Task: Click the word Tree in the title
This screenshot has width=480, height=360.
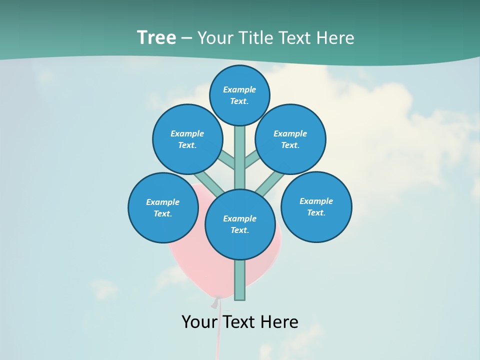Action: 156,38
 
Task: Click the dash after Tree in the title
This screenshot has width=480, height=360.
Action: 186,38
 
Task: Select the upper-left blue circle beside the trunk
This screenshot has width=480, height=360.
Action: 187,139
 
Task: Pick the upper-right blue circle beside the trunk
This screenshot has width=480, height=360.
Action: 290,139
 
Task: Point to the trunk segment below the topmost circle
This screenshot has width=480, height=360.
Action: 240,157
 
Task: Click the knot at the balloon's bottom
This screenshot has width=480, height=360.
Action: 216,302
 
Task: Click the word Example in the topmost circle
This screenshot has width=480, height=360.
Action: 239,90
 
